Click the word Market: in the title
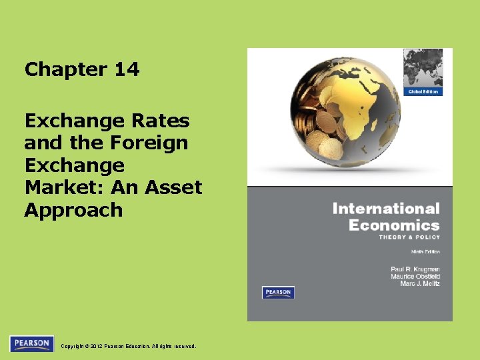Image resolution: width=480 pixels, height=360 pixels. click(x=60, y=187)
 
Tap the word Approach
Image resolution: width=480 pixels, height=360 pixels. click(x=73, y=210)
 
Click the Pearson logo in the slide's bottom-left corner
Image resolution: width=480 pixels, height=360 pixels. click(x=31, y=344)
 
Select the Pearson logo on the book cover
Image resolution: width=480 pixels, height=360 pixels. click(x=278, y=293)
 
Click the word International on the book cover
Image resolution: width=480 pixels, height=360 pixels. click(x=386, y=209)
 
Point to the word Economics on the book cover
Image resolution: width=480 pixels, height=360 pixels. click(x=394, y=225)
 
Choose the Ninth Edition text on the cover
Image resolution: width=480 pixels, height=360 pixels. click(x=424, y=252)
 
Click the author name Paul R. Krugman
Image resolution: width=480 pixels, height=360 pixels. click(x=415, y=268)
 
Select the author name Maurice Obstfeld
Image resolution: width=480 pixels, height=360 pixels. click(x=415, y=277)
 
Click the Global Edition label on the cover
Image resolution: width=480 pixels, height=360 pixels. click(x=423, y=91)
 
